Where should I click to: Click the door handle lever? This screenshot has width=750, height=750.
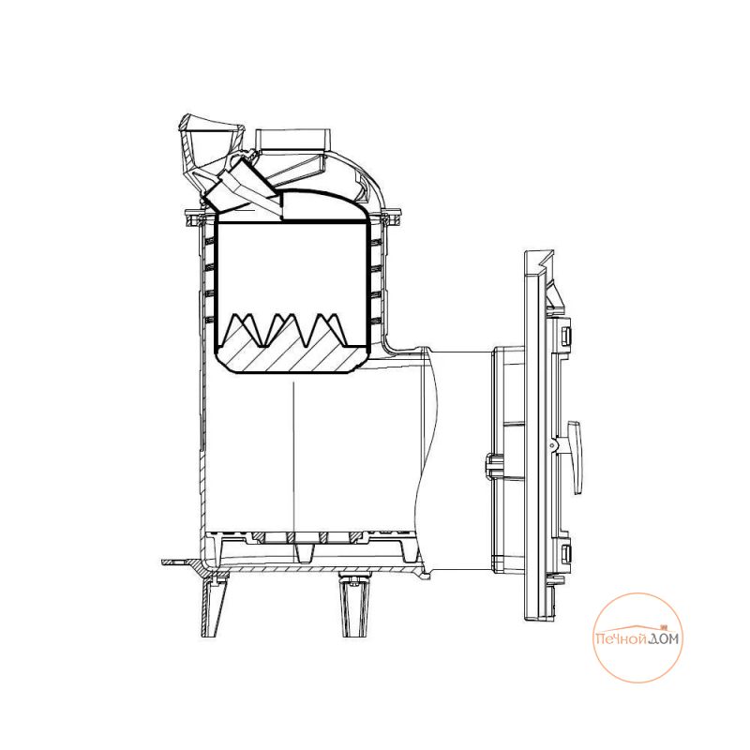(x=575, y=457)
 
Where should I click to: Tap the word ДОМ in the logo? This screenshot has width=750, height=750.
(x=664, y=638)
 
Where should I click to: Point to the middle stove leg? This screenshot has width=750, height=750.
(x=354, y=604)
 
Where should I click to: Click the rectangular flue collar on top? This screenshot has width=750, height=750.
(x=292, y=140)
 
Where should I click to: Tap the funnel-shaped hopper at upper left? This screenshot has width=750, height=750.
(x=209, y=143)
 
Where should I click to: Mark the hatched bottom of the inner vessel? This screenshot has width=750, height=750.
(x=291, y=356)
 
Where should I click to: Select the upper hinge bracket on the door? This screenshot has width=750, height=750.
(x=563, y=335)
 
